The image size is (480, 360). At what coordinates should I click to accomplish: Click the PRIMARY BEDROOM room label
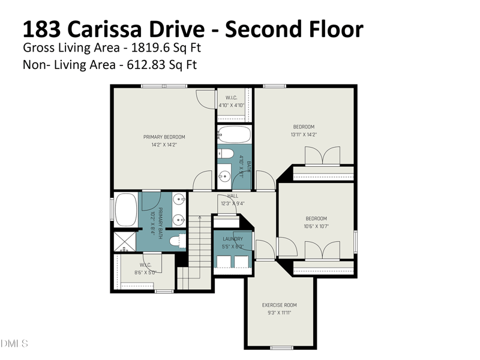pos(164,137)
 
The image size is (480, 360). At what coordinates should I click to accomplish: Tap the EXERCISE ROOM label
pos(279,305)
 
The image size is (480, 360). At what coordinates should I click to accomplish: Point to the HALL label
pos(233,196)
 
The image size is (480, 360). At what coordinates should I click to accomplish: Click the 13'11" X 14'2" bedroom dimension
pos(303,134)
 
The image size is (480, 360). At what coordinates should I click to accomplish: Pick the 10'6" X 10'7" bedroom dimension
pos(316,226)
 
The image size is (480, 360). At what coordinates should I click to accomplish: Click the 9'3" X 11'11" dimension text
pos(279,313)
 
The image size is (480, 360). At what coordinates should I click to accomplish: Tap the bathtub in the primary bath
pos(125,210)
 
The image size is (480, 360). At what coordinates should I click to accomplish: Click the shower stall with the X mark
pos(125,241)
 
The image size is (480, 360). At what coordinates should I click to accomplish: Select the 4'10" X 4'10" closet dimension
pos(231,106)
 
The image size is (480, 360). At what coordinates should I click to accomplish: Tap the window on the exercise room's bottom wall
pos(281,347)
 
